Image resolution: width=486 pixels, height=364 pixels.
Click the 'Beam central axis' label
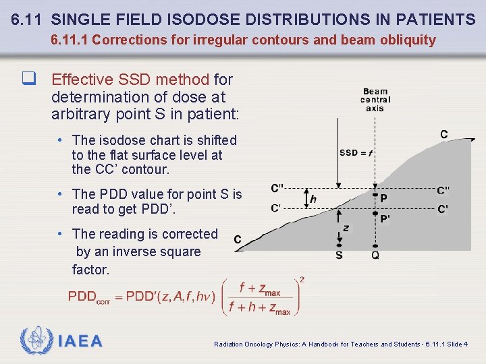(375, 100)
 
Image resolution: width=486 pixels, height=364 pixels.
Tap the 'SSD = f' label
(356, 152)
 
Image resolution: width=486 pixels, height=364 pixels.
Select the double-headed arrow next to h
(304, 199)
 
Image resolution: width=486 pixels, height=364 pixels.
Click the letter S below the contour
(339, 255)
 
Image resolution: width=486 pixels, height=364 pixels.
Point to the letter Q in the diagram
(375, 255)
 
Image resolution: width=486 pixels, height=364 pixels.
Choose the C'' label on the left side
(277, 189)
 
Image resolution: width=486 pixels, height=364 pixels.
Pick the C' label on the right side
(443, 209)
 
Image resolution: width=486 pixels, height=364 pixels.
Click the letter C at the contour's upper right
(443, 135)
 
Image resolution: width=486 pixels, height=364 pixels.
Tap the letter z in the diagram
(346, 228)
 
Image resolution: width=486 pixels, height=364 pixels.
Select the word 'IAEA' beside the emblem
(80, 341)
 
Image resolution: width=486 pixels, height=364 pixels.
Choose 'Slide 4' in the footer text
(457, 344)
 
